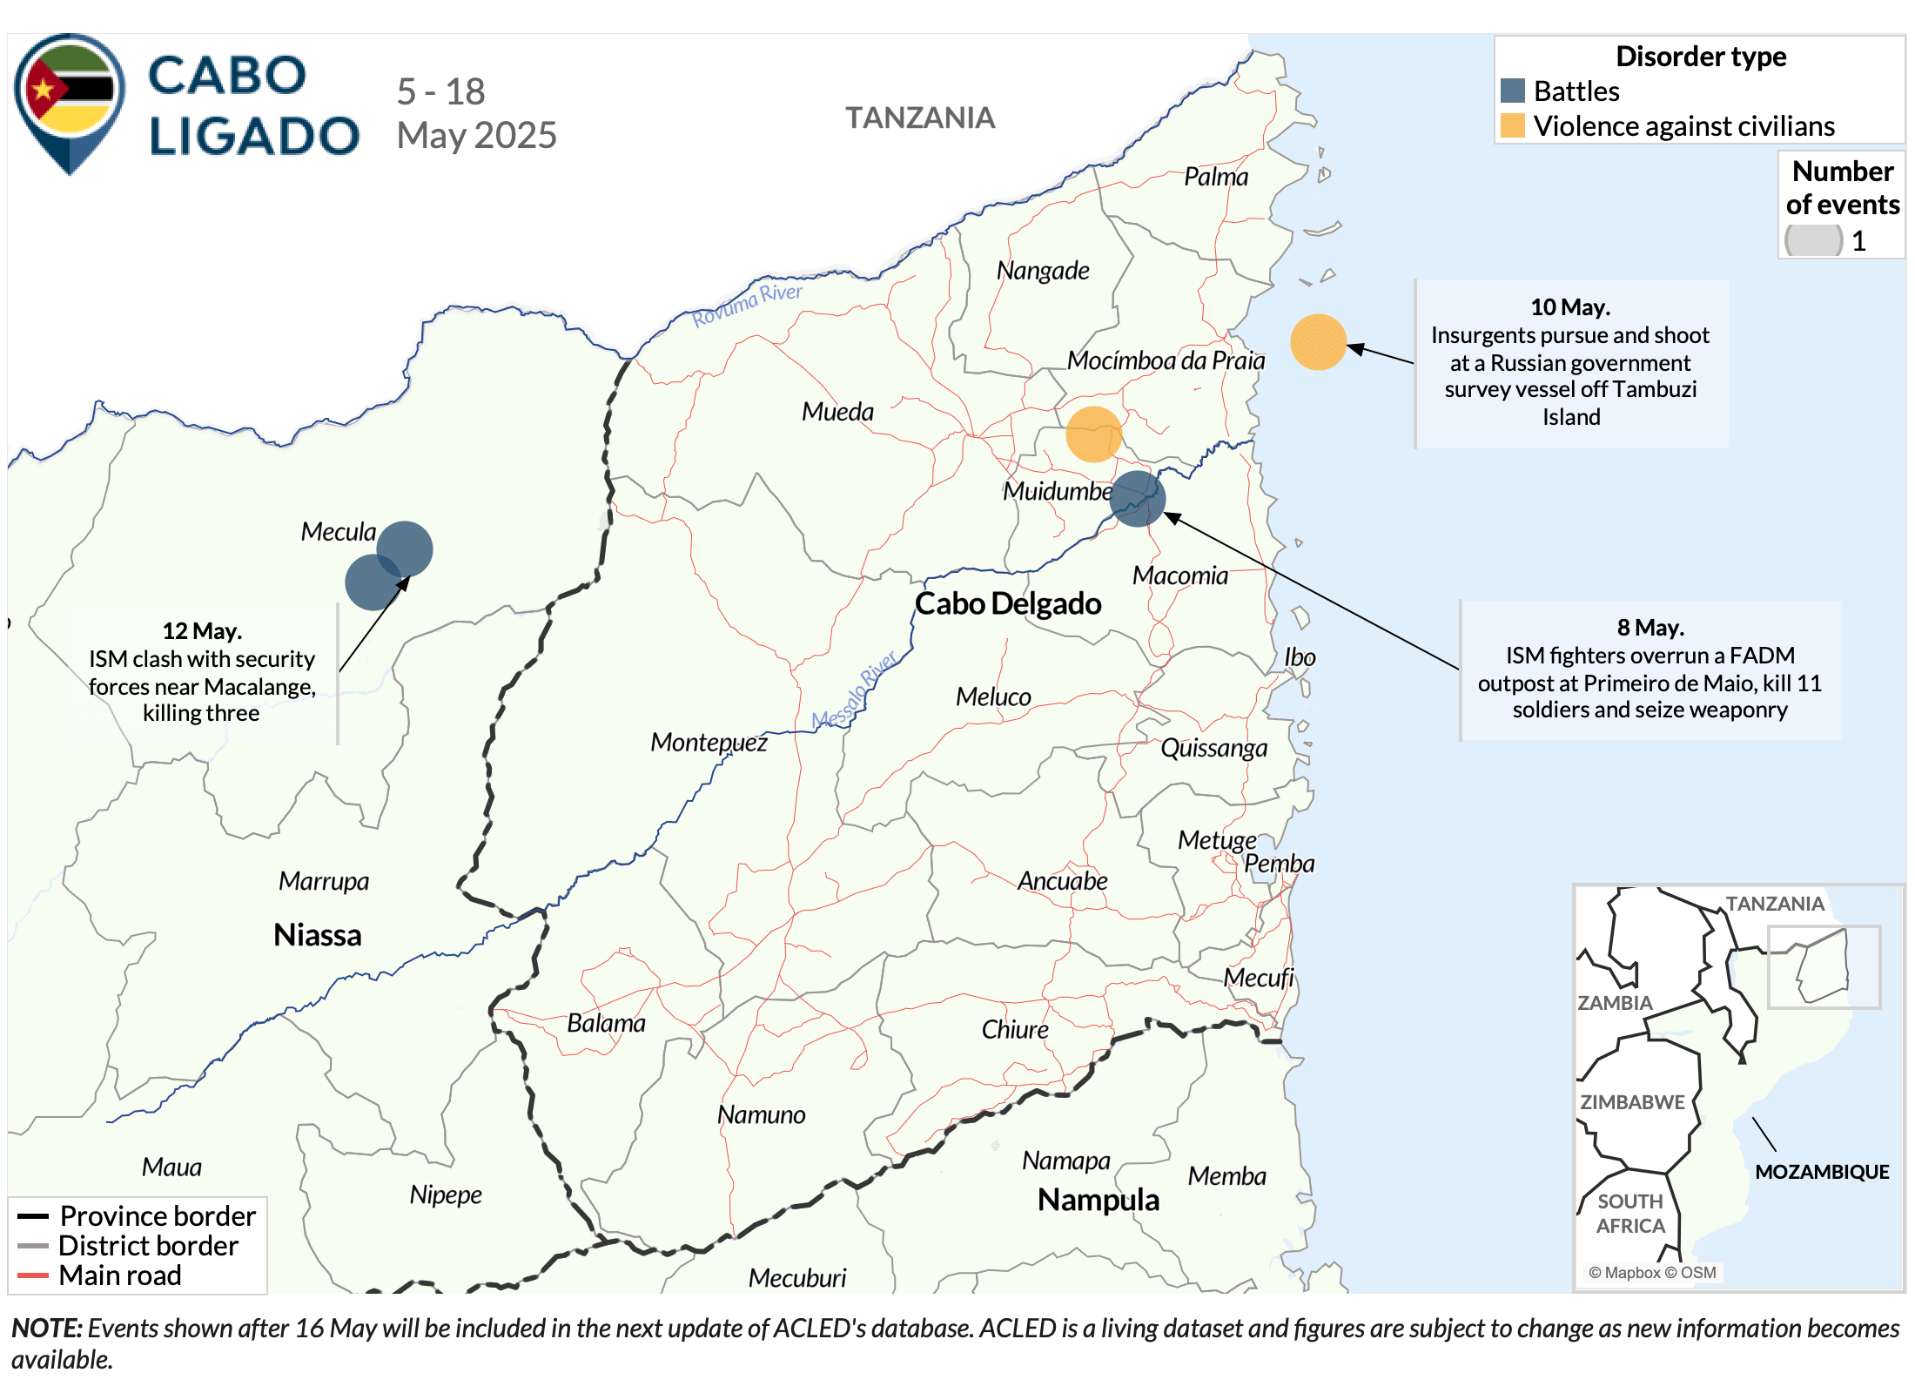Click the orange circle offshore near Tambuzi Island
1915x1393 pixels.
coord(1318,342)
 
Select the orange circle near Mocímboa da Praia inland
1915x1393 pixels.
coord(1093,434)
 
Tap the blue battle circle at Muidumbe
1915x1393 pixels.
coord(1137,499)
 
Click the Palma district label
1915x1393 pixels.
coord(1215,177)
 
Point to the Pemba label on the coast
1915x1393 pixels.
coord(1279,864)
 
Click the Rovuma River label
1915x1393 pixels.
coord(747,304)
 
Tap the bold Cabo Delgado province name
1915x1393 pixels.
coord(1008,603)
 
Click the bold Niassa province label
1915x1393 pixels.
coord(317,934)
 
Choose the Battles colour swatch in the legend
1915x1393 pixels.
coord(1513,91)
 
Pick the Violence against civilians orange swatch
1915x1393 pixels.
coord(1513,125)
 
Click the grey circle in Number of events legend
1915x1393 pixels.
coord(1813,240)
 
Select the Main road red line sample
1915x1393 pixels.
coord(32,1275)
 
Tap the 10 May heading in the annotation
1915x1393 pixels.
coord(1570,307)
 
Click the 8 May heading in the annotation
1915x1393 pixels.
coord(1650,628)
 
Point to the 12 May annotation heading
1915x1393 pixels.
coord(202,631)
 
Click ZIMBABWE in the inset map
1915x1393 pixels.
coord(1631,1102)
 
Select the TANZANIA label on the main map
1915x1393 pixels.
coord(920,118)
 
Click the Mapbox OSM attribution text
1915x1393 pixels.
coord(1651,1273)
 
